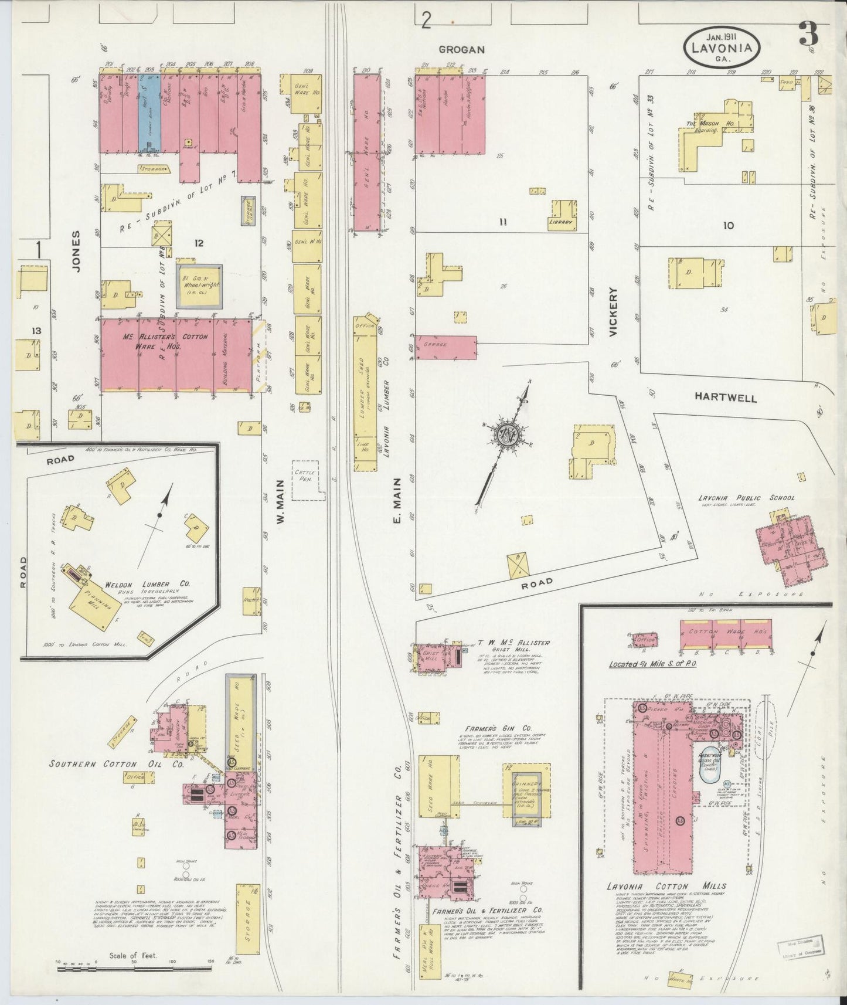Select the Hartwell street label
(x=725, y=397)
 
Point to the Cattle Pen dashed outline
(x=308, y=483)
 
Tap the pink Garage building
(x=445, y=347)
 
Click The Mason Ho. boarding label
(x=703, y=127)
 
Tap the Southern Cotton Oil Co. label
(x=117, y=765)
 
